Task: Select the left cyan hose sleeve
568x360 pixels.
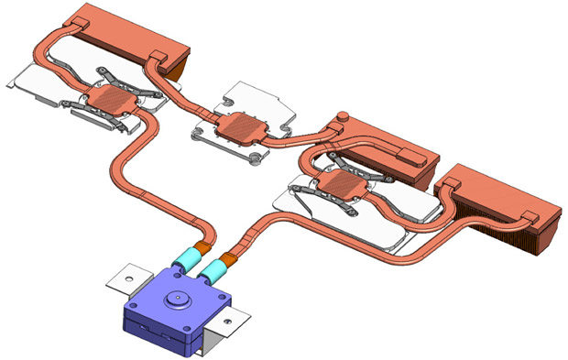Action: click(x=189, y=260)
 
